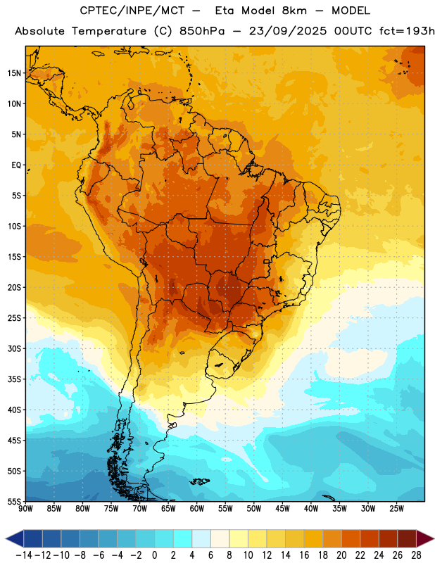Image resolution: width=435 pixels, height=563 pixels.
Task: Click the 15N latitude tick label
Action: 14,73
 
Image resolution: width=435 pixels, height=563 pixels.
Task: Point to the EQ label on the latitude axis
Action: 16,165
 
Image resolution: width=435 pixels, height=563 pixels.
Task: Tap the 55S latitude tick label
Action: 14,501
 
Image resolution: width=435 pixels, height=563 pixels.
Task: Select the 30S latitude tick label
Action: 14,348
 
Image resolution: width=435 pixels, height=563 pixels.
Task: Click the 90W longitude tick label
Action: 26,509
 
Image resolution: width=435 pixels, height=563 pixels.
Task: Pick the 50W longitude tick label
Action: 254,509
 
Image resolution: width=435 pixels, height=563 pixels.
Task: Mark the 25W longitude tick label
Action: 396,509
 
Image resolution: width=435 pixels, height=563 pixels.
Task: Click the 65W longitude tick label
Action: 168,509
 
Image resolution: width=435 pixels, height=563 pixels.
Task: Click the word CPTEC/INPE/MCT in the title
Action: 132,11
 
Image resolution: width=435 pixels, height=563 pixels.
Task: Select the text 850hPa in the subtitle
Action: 202,31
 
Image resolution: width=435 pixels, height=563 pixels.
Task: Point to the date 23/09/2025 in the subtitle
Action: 288,31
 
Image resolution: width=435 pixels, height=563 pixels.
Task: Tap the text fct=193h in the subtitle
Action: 407,31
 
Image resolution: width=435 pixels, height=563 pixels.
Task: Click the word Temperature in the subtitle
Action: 109,31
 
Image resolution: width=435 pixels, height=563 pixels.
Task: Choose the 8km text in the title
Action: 294,11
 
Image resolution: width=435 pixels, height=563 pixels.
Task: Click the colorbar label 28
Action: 416,555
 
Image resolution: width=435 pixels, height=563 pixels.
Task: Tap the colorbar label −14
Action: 24,555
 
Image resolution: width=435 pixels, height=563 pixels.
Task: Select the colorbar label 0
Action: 154,555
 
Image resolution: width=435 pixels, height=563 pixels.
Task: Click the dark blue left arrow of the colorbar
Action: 15,539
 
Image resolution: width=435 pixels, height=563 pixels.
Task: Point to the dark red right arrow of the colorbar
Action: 425,539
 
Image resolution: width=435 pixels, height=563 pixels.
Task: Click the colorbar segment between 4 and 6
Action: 201,539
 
